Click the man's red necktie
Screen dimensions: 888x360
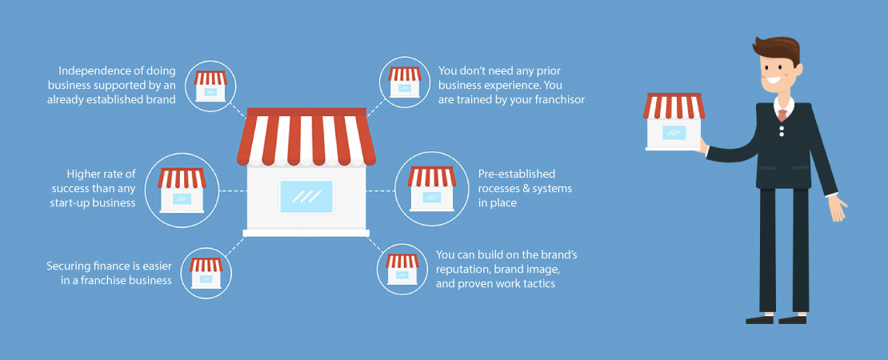tap(782, 115)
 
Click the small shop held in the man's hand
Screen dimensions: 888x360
tap(674, 122)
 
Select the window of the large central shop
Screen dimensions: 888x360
tap(306, 197)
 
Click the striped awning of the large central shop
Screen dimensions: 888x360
tap(306, 137)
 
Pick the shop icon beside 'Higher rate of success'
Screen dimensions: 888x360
tap(182, 190)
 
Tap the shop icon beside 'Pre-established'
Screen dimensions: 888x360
tap(431, 189)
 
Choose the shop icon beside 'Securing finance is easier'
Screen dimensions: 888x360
tap(206, 274)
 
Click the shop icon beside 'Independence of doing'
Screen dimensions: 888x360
tap(210, 86)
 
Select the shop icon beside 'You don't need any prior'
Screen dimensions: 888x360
tap(404, 82)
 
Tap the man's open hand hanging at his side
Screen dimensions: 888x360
tap(837, 209)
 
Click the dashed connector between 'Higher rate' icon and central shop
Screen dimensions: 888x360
tap(233, 190)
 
